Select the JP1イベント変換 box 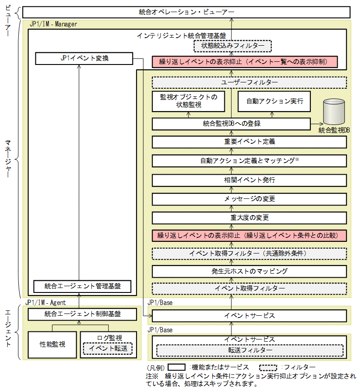84,58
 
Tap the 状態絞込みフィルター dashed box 232,46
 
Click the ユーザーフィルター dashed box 249,82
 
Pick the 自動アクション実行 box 274,101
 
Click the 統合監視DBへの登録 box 231,124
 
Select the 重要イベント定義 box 249,142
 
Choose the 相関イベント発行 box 249,180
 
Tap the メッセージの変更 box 249,199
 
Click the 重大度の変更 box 249,218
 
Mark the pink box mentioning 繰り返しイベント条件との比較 249,235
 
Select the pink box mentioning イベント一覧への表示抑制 244,62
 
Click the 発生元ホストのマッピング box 249,271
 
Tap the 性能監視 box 52,344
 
